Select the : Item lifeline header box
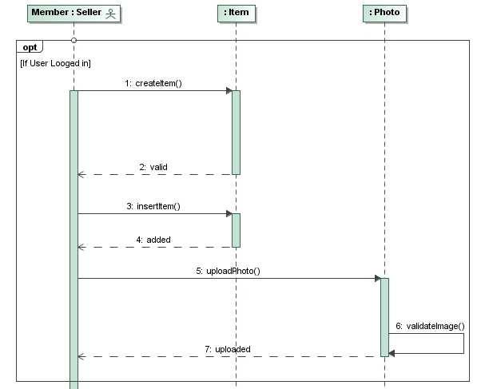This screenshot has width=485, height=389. pyautogui.click(x=236, y=13)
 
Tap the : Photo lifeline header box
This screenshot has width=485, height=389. pyautogui.click(x=384, y=13)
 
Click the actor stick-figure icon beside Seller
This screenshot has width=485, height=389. pyautogui.click(x=110, y=13)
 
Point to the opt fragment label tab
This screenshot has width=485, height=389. pyautogui.click(x=30, y=47)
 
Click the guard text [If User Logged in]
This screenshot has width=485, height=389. pyautogui.click(x=55, y=62)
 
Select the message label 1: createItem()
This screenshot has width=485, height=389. pyautogui.click(x=153, y=83)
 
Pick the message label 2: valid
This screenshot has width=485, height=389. pyautogui.click(x=153, y=167)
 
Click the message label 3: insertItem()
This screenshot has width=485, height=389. pyautogui.click(x=153, y=206)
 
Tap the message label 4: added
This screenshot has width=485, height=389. pyautogui.click(x=153, y=240)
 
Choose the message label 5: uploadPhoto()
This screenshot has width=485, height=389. pyautogui.click(x=228, y=271)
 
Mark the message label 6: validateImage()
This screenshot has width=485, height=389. pyautogui.click(x=435, y=326)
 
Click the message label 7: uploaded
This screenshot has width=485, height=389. pyautogui.click(x=228, y=349)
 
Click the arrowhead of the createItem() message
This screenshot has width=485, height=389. pyautogui.click(x=228, y=90)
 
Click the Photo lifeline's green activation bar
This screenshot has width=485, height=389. pyautogui.click(x=384, y=316)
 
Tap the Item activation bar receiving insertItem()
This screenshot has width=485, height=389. pyautogui.click(x=236, y=230)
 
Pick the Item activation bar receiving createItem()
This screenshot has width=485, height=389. pyautogui.click(x=236, y=132)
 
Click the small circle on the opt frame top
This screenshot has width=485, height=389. pyautogui.click(x=74, y=40)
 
